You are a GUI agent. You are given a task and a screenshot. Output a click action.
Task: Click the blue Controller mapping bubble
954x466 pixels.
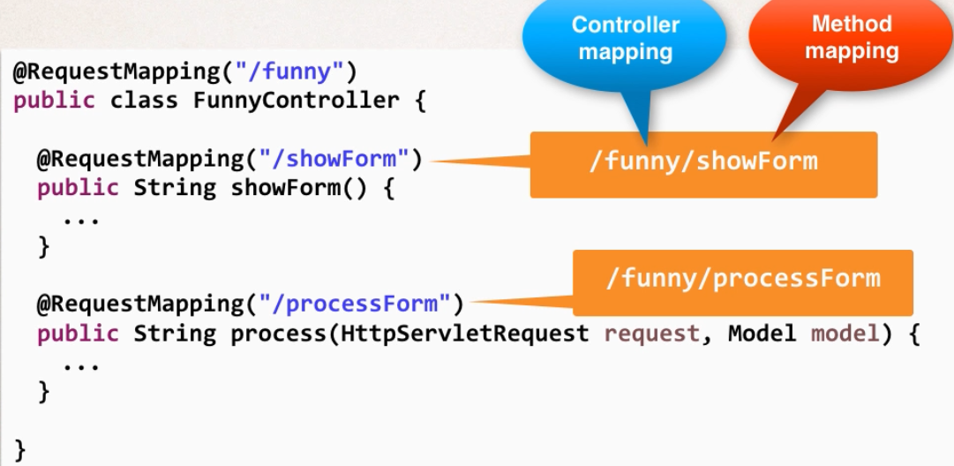(x=625, y=40)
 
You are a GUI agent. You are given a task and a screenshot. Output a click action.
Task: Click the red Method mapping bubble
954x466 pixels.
(x=851, y=40)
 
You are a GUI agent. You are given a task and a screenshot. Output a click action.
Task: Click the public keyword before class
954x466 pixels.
(x=54, y=101)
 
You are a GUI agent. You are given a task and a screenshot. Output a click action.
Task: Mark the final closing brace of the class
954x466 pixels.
(x=19, y=449)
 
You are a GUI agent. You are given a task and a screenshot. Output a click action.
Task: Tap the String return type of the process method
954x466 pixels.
(x=175, y=334)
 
